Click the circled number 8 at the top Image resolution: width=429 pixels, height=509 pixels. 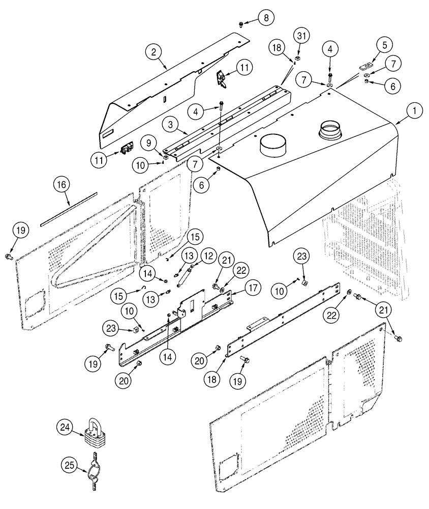click(x=265, y=18)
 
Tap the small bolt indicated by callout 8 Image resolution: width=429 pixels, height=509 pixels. click(x=241, y=23)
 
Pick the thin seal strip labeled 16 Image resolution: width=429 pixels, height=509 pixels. click(x=69, y=201)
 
